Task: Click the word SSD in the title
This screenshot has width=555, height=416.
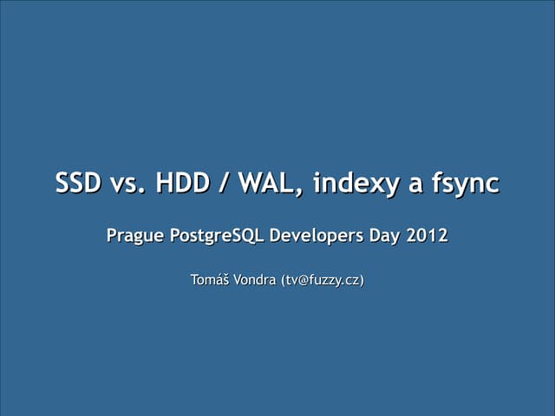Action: (78, 184)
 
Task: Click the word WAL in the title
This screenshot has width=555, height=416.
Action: (265, 184)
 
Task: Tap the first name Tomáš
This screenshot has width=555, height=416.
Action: (211, 280)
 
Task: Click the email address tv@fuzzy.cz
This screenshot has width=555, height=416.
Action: (322, 281)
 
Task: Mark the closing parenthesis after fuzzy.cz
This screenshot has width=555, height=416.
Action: (361, 281)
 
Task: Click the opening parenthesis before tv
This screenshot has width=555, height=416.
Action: (282, 281)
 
